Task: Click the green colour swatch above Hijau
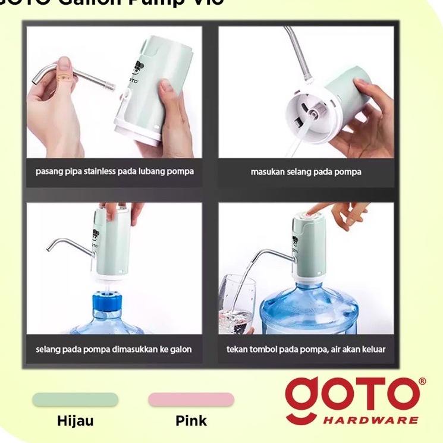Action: click(x=75, y=400)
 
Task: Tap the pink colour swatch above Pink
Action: click(x=191, y=400)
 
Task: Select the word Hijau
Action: click(x=75, y=421)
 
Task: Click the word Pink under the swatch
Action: click(x=191, y=421)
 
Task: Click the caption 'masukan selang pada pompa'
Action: click(x=306, y=172)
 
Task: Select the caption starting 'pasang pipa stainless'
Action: click(x=115, y=172)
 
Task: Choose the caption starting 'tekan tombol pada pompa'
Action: click(x=306, y=349)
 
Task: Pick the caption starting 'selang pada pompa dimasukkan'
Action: click(x=115, y=349)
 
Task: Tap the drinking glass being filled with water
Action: click(x=236, y=306)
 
